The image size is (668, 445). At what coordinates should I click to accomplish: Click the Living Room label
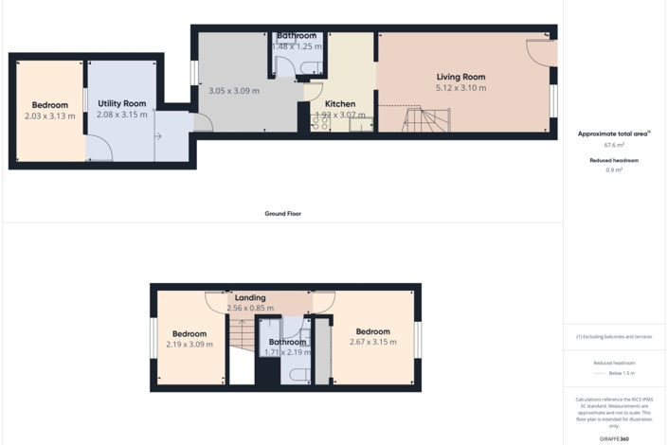click(x=460, y=77)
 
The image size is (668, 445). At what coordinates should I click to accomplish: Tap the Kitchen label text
click(x=340, y=103)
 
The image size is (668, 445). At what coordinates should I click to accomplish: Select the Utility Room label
click(x=121, y=103)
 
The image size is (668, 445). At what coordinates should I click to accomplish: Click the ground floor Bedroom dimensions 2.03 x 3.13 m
click(x=50, y=116)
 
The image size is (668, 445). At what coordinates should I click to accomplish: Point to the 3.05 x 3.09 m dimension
click(x=233, y=91)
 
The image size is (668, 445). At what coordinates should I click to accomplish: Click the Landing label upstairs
click(x=250, y=296)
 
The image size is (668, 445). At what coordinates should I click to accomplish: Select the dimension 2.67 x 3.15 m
click(x=372, y=343)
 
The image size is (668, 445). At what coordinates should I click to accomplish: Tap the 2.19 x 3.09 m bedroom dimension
click(x=190, y=345)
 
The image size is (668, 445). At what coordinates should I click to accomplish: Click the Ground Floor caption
click(x=282, y=214)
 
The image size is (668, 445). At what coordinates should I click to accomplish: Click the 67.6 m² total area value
click(x=614, y=146)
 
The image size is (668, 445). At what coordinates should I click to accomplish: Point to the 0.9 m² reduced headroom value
click(x=614, y=170)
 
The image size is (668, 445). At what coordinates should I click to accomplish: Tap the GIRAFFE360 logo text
click(x=614, y=438)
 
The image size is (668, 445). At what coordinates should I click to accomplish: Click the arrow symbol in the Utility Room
click(x=158, y=136)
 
